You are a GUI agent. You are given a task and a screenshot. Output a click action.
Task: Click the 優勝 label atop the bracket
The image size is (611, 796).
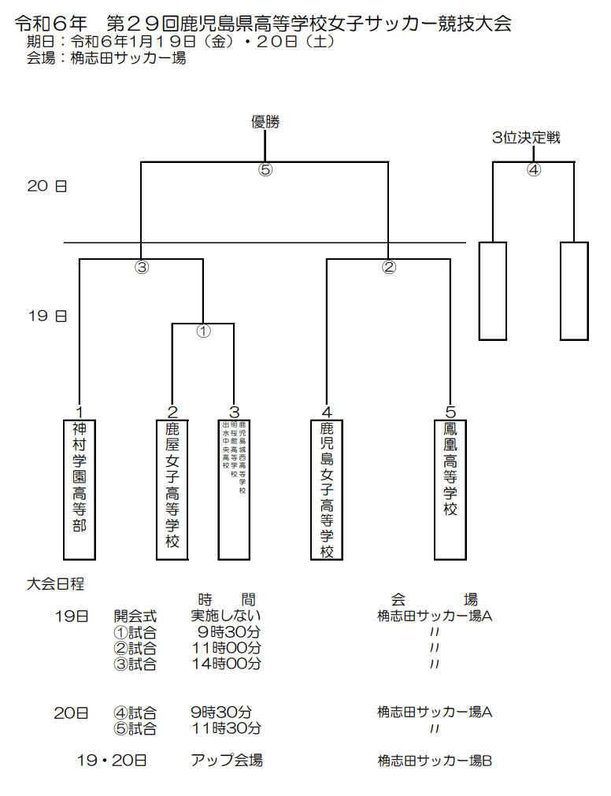pyautogui.click(x=265, y=121)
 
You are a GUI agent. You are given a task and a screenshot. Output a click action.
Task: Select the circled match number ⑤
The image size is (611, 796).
pyautogui.click(x=265, y=170)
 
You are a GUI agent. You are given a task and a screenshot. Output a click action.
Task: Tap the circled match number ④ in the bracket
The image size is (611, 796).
pyautogui.click(x=534, y=170)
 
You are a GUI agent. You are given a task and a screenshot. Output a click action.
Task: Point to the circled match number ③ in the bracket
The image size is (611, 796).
pyautogui.click(x=142, y=267)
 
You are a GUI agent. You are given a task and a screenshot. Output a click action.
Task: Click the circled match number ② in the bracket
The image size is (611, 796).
pyautogui.click(x=389, y=267)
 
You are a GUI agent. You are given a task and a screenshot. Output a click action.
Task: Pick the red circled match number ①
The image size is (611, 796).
pyautogui.click(x=203, y=331)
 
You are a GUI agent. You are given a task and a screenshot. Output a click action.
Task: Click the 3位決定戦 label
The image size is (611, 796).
pyautogui.click(x=526, y=138)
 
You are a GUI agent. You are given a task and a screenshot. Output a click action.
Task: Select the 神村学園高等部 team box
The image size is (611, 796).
pyautogui.click(x=79, y=489)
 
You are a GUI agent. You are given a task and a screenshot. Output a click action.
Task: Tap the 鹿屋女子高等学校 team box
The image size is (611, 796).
pyautogui.click(x=172, y=489)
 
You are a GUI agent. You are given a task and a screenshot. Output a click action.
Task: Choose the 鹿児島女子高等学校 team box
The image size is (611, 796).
pyautogui.click(x=327, y=489)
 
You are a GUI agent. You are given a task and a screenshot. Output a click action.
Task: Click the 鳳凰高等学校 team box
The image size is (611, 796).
pyautogui.click(x=450, y=489)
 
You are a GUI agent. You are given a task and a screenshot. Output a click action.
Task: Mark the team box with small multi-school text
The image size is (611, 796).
pyautogui.click(x=234, y=489)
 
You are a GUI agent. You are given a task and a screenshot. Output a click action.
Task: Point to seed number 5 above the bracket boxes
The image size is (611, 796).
pyautogui.click(x=450, y=412)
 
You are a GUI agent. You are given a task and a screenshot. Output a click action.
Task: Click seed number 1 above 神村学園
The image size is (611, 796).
pyautogui.click(x=80, y=412)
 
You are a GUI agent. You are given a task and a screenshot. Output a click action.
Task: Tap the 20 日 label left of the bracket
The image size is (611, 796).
pyautogui.click(x=47, y=186)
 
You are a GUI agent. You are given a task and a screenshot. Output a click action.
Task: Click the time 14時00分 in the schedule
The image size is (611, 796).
pyautogui.click(x=227, y=664)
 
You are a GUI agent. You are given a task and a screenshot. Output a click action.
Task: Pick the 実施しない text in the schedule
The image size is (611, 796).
pyautogui.click(x=227, y=616)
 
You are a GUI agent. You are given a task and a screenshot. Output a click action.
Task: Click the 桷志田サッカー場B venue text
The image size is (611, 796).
pyautogui.click(x=435, y=761)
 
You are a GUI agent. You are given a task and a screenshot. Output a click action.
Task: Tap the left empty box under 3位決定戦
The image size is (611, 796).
pyautogui.click(x=493, y=291)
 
